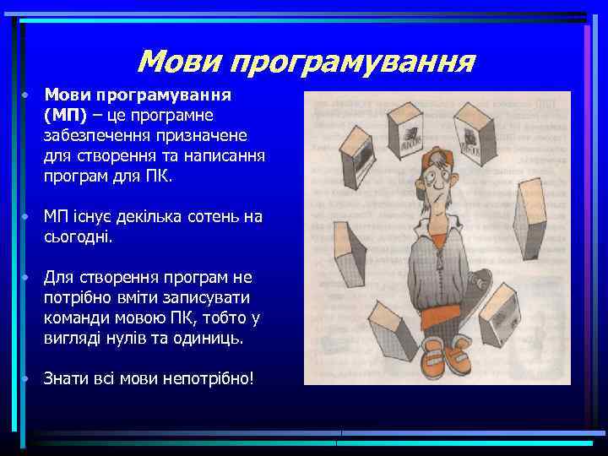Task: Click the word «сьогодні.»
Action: [x=79, y=237]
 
